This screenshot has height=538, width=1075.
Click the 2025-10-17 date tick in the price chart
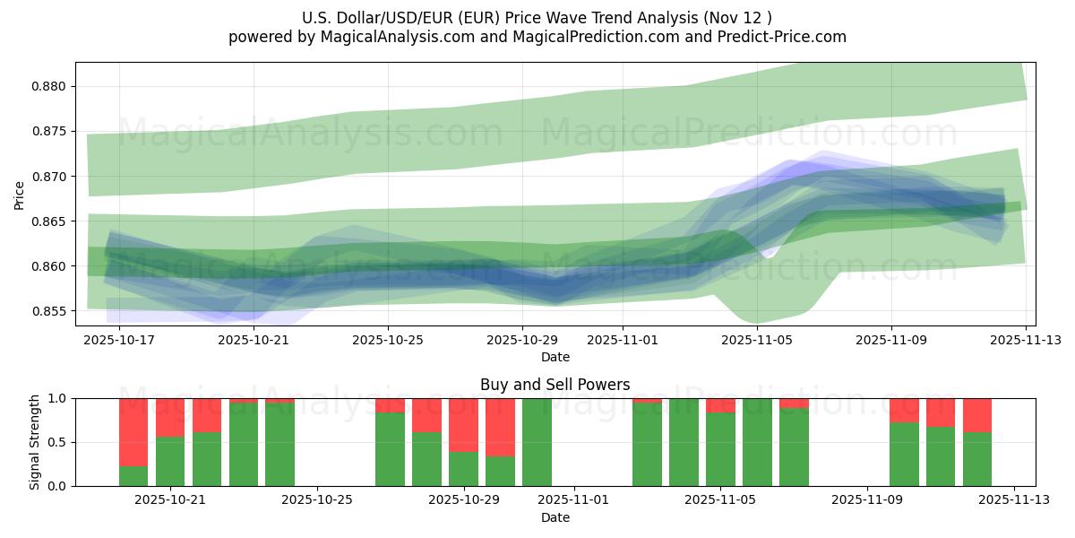(x=119, y=340)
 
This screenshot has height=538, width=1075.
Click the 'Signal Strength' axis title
(x=35, y=442)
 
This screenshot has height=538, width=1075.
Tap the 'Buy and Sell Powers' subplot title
(x=555, y=385)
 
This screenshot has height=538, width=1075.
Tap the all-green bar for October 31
(x=537, y=442)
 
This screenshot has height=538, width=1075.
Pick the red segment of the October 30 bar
(x=500, y=427)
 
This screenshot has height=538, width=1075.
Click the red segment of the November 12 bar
(x=977, y=415)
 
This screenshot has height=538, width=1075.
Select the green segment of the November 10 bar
(x=904, y=454)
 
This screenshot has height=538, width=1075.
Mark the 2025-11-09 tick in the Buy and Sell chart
(x=867, y=499)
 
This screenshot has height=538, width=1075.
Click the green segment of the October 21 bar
(x=170, y=461)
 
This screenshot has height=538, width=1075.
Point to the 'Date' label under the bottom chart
(x=555, y=517)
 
